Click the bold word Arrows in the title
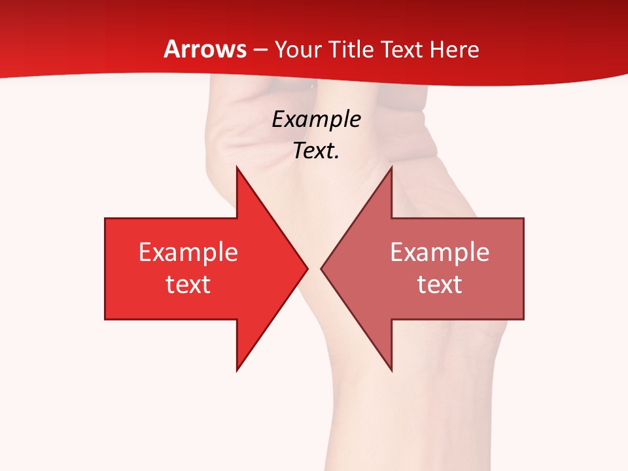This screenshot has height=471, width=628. click(x=205, y=49)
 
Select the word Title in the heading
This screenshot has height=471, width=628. click(x=351, y=50)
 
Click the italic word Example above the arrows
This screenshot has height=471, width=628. click(x=317, y=119)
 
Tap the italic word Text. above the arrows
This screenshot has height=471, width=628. click(x=317, y=151)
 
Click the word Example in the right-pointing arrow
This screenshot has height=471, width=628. click(x=188, y=253)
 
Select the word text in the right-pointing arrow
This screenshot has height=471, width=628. click(x=188, y=285)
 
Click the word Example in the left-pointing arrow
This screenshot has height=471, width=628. click(x=440, y=253)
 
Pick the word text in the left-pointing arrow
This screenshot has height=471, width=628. click(x=440, y=285)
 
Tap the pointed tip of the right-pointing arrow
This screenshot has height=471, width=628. click(x=307, y=268)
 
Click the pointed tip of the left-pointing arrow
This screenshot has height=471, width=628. click(x=322, y=268)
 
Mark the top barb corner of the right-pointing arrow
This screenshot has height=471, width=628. click(x=237, y=168)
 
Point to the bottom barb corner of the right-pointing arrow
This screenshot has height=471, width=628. click(x=237, y=370)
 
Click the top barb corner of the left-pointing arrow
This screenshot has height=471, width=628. click(x=391, y=168)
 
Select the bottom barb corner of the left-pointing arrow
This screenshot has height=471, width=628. click(x=391, y=370)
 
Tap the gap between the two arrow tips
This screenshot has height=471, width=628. click(x=315, y=268)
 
